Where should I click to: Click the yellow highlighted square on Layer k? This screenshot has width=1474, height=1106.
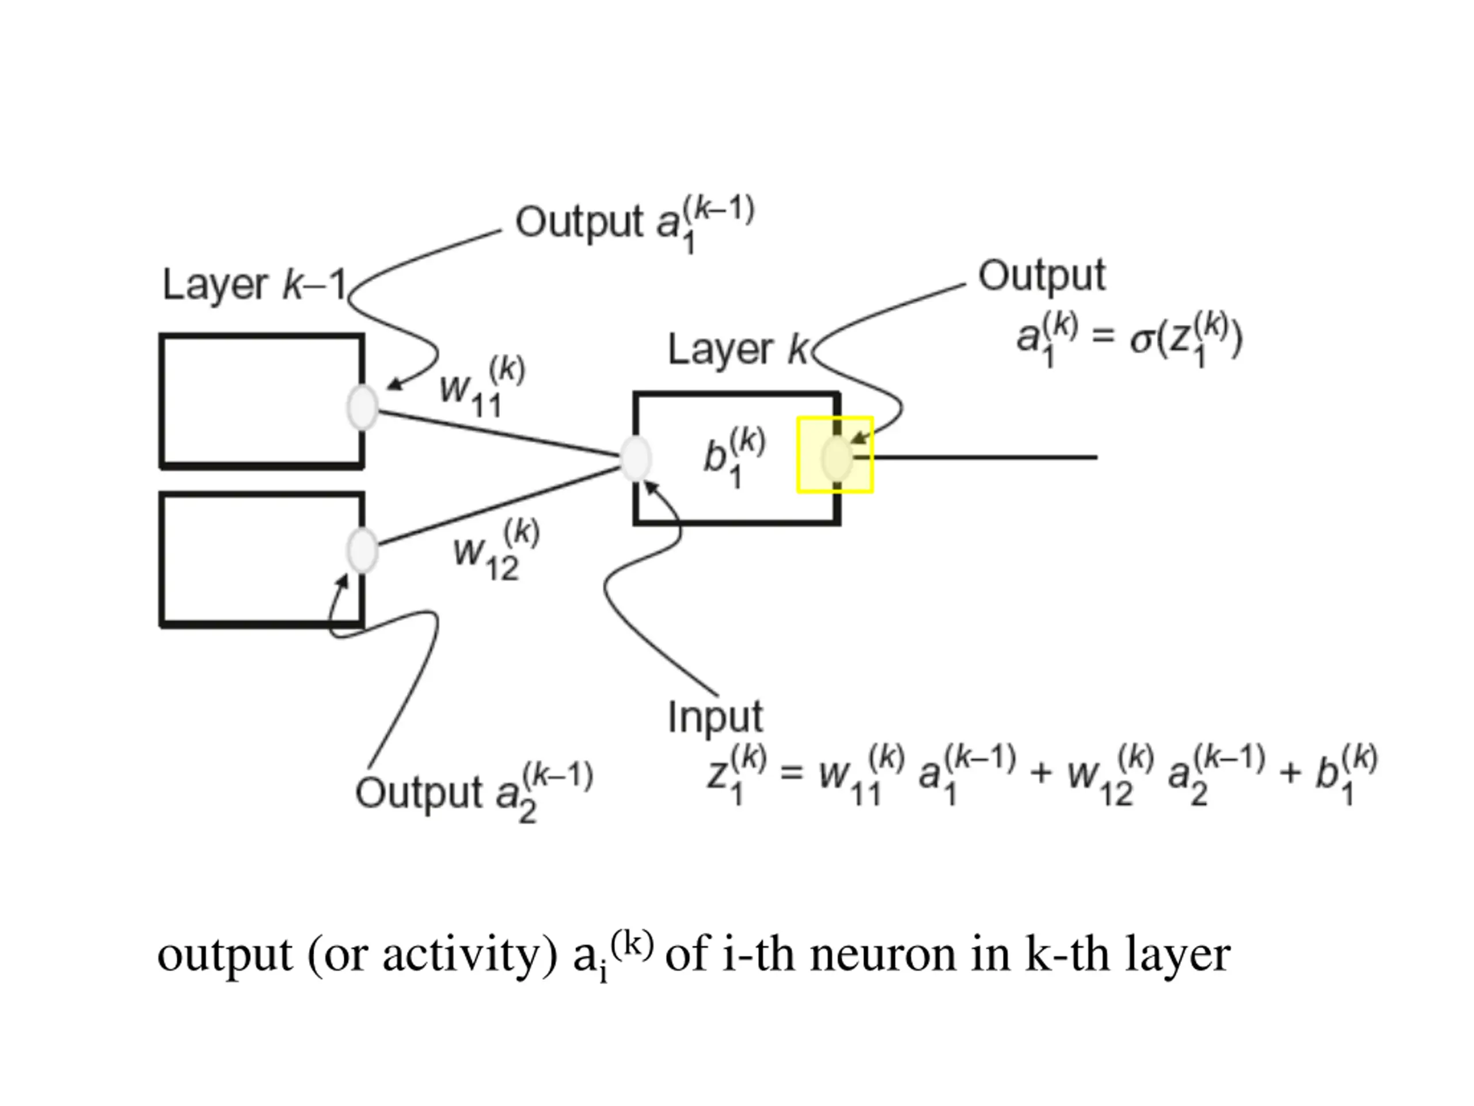pyautogui.click(x=835, y=455)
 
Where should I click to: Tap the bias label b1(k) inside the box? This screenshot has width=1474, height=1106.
pyautogui.click(x=734, y=458)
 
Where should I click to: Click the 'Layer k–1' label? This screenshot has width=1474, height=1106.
pyautogui.click(x=255, y=285)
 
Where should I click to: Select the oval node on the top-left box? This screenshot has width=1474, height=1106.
pyautogui.click(x=363, y=407)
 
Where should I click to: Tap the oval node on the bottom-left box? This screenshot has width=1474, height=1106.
pyautogui.click(x=363, y=550)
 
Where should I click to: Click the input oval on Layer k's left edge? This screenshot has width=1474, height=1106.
pyautogui.click(x=636, y=458)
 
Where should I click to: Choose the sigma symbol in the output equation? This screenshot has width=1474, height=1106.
pyautogui.click(x=1141, y=340)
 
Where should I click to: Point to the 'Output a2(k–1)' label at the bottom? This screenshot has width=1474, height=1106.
pyautogui.click(x=474, y=793)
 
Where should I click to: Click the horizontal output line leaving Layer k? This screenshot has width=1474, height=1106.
pyautogui.click(x=975, y=457)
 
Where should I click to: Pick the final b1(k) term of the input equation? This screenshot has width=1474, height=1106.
pyautogui.click(x=1346, y=775)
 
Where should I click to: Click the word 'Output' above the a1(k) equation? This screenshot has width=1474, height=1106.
pyautogui.click(x=1042, y=275)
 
